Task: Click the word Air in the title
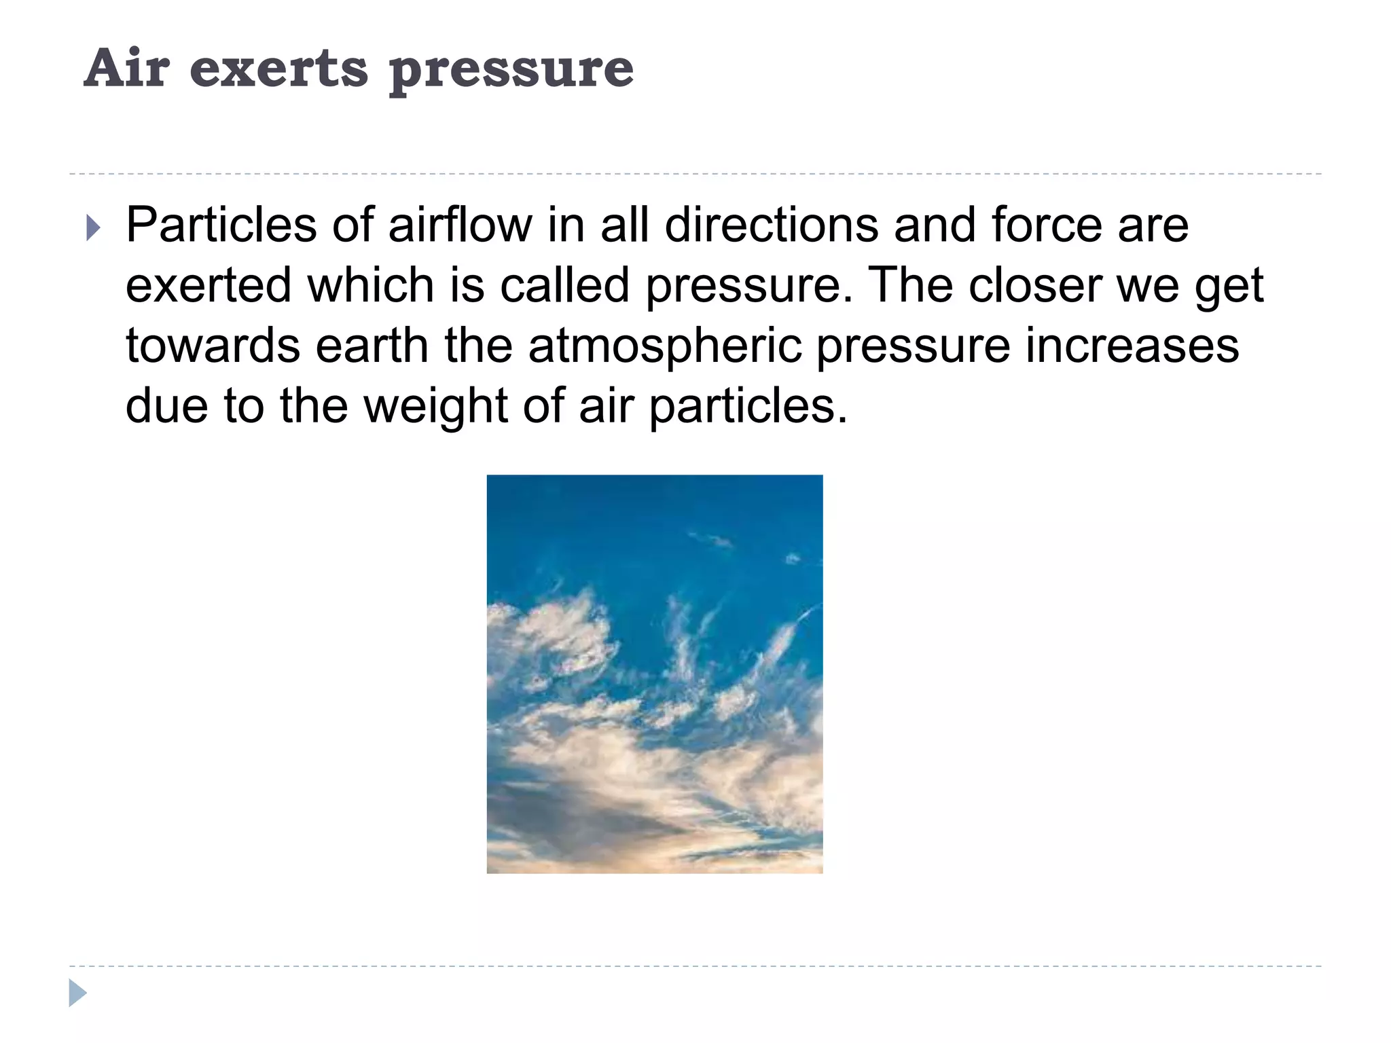(126, 69)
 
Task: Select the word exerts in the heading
(278, 70)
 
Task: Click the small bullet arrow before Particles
(94, 228)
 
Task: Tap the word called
(564, 285)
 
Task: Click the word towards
(212, 346)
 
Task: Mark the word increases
(1132, 346)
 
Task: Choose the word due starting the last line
(166, 406)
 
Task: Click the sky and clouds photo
(655, 674)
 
